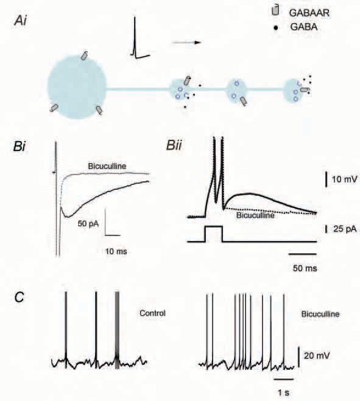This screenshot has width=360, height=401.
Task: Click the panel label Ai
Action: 21,21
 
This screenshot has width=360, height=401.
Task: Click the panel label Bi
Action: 19,147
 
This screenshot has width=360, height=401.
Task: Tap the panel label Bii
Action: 174,145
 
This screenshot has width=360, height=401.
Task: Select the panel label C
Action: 19,297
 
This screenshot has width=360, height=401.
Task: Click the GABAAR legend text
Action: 309,13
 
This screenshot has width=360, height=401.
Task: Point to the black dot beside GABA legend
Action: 276,27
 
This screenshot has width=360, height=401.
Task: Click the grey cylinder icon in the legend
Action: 275,10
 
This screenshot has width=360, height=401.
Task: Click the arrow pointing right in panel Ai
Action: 186,43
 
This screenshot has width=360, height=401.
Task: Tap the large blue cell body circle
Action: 77,86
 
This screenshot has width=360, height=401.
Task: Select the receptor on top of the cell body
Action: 84,55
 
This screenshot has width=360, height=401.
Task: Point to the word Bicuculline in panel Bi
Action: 107,166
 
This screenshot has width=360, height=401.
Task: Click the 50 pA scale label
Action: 88,224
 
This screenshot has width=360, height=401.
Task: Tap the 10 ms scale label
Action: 116,252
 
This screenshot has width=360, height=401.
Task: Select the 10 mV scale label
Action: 344,180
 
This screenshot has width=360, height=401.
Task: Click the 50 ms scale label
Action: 305,268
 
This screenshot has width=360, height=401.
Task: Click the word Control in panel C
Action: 153,313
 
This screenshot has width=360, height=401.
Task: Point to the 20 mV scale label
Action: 317,356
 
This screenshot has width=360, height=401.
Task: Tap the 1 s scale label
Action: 284,392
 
